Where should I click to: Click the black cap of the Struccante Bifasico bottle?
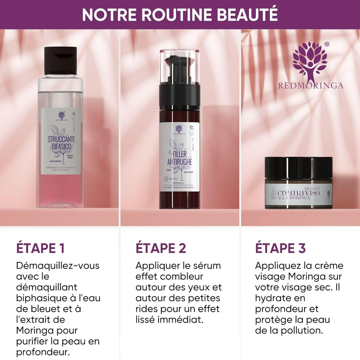point(60,60)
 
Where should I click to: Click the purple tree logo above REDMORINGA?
point(310,62)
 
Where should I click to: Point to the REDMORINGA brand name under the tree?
point(310,85)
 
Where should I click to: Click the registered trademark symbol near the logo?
point(327,44)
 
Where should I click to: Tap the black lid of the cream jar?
point(298,168)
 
